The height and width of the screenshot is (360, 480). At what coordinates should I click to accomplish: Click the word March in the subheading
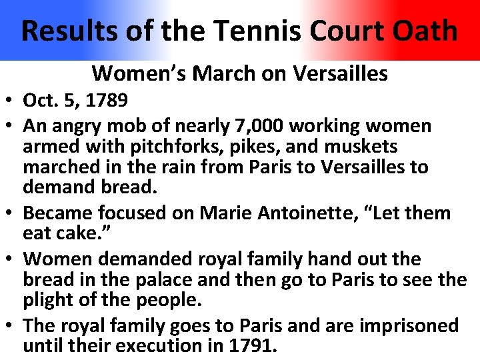[219, 73]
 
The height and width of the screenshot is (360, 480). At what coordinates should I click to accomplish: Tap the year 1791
[252, 346]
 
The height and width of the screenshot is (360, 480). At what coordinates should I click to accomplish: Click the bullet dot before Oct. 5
[11, 102]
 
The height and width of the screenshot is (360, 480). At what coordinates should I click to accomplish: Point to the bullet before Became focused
[11, 214]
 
